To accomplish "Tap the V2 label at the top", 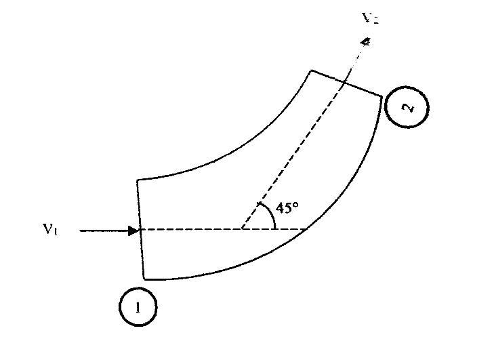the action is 370,18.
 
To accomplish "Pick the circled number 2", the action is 407,108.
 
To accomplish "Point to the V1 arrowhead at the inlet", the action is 133,231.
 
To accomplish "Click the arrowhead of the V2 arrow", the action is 365,43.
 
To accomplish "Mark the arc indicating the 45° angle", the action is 271,216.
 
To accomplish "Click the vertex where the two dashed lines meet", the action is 241,230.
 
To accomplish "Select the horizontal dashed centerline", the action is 203,230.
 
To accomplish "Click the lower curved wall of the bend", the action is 298,237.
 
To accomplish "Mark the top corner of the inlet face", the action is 138,180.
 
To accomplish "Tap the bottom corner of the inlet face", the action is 145,278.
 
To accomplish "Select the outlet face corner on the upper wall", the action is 311,70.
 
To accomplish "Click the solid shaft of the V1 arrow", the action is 102,231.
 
